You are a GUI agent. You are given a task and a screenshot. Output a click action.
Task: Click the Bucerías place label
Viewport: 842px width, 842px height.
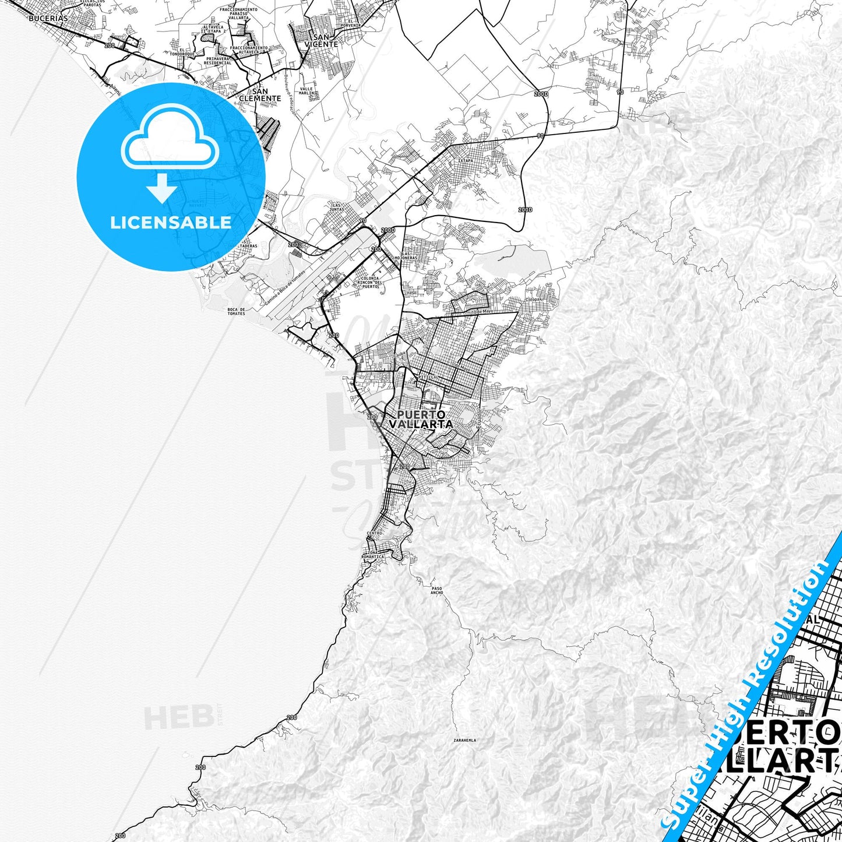[48, 18]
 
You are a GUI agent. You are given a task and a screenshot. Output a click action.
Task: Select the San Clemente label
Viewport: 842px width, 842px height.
[260, 95]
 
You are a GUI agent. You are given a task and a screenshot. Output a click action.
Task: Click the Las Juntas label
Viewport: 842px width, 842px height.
[337, 207]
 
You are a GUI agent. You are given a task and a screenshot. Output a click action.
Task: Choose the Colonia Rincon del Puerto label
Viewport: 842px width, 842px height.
[370, 282]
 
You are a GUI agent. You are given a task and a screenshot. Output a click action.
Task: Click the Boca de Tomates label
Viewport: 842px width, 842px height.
[236, 311]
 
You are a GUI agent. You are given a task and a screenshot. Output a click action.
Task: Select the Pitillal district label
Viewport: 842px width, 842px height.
[428, 378]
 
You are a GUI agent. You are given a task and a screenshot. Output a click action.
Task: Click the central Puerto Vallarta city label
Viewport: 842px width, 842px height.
[421, 420]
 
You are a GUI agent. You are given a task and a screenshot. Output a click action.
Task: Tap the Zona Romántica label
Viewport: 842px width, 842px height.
[373, 554]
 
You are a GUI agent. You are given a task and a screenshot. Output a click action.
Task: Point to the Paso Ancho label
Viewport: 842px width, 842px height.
[437, 590]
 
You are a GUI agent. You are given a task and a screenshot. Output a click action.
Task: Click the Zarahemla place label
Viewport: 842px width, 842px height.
[464, 741]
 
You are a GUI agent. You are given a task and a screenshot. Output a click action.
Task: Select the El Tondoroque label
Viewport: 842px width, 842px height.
[186, 52]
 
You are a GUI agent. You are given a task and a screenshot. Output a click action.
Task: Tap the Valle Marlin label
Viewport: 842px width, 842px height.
[306, 91]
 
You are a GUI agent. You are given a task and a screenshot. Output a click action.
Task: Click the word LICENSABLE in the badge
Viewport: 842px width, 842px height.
[171, 223]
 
